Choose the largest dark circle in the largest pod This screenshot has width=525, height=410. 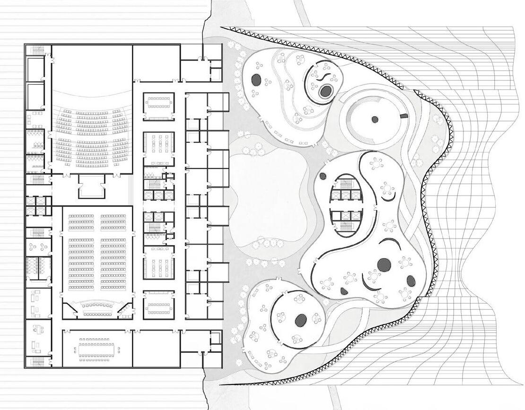tap(384, 265)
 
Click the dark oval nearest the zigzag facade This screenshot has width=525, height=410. tap(411, 282)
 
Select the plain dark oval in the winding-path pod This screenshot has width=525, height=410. tap(256, 79)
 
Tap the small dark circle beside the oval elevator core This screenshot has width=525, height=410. tap(323, 177)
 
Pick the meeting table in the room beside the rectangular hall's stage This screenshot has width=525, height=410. tap(157, 305)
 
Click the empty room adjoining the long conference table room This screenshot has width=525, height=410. tap(156, 349)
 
